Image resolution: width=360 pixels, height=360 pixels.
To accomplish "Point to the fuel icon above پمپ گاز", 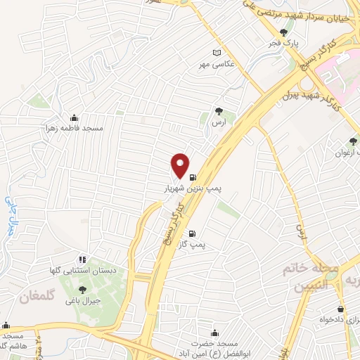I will point(192,233).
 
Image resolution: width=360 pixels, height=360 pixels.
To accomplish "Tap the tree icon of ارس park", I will point(219,110).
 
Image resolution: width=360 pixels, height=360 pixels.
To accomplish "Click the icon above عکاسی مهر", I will point(217,53).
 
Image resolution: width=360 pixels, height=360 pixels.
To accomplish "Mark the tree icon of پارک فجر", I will point(283,32).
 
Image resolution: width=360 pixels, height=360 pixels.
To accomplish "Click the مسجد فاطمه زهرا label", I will point(92,129).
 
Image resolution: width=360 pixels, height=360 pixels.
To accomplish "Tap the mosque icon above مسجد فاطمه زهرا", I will point(75,118).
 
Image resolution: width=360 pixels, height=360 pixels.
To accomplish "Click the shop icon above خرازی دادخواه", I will point(341,308).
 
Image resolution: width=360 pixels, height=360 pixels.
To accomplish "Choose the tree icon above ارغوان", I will point(352,141).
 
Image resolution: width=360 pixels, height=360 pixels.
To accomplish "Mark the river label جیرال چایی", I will point(11,212).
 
